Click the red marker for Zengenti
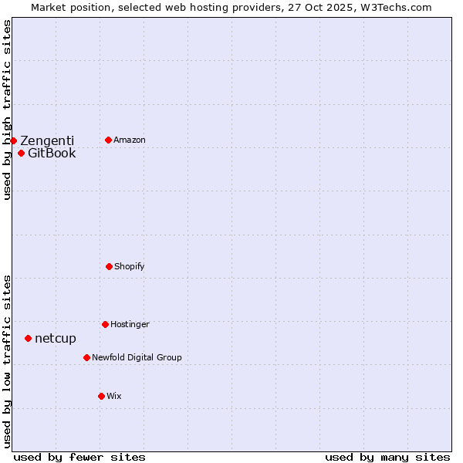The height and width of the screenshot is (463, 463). coord(13,140)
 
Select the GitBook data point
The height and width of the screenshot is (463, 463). coord(21,153)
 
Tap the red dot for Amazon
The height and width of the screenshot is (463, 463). coord(108,140)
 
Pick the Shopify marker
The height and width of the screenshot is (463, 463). coord(109,266)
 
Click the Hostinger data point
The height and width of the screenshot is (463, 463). coord(105,324)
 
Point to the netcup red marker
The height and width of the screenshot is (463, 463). coord(28,338)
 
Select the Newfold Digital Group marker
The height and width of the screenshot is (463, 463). coord(86,357)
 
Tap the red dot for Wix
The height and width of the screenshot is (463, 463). coord(101,396)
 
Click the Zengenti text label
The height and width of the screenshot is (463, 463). coord(47,140)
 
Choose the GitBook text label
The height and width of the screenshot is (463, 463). coord(52,153)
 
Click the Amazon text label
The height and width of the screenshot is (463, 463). coord(130,140)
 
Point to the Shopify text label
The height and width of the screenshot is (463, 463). coord(130,266)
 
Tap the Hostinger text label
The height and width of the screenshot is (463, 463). coord(130,324)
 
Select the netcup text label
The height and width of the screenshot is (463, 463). coord(56,338)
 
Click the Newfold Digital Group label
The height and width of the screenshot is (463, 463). coord(137,357)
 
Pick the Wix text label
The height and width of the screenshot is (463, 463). coord(114,396)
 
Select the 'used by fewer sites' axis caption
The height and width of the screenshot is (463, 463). coord(79,457)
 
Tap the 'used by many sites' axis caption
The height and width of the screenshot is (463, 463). coord(387,457)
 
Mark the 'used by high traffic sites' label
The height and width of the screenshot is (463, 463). coord(7,110)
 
